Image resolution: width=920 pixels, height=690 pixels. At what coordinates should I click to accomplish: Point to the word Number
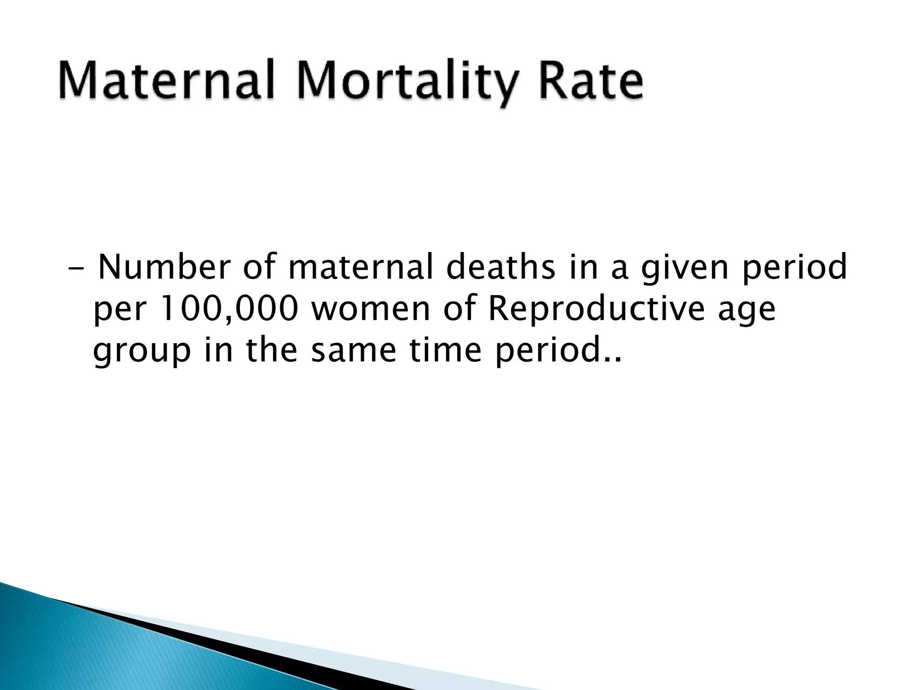165,268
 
